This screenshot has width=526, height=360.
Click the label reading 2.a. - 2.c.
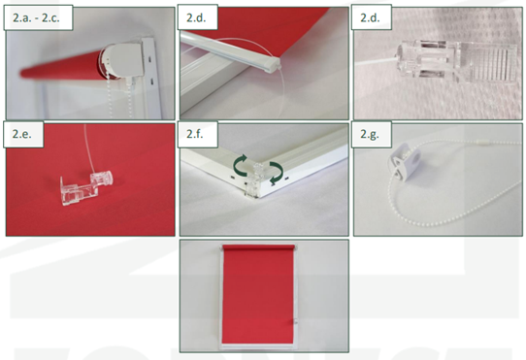click(x=36, y=17)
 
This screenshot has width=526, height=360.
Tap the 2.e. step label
click(x=22, y=134)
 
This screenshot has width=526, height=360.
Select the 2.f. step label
click(x=195, y=134)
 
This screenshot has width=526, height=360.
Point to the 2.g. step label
click(x=370, y=134)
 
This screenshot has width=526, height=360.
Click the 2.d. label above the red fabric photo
click(x=196, y=17)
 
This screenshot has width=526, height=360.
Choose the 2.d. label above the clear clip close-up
click(x=371, y=17)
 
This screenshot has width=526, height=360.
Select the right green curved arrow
click(x=275, y=172)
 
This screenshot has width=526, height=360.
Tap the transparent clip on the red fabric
click(x=86, y=188)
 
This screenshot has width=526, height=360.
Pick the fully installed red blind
click(x=258, y=297)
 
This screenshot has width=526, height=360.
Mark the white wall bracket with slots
click(x=151, y=78)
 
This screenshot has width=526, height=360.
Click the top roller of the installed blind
click(x=259, y=247)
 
